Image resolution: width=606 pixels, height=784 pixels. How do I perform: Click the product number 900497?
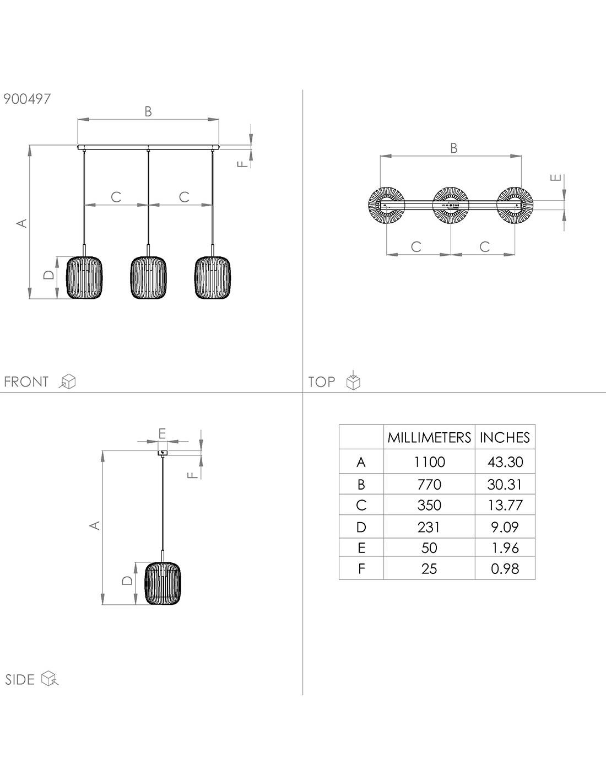point(27,99)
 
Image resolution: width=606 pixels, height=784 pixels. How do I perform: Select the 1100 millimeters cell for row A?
point(429,462)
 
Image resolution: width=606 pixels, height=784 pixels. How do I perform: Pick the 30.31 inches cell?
point(505,484)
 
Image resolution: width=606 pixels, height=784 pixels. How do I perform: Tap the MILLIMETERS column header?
point(429,437)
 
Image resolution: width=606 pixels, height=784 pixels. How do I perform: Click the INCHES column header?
point(505,437)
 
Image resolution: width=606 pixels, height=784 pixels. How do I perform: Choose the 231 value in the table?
point(429,527)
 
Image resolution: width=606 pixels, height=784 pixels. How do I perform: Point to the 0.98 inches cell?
point(505,568)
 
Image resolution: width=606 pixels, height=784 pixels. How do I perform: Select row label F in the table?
point(361,568)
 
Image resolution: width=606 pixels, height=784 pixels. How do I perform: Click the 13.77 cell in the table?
point(505,505)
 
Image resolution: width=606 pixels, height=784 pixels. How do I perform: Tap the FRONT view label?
point(26,382)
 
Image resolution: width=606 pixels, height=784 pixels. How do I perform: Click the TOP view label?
point(322,382)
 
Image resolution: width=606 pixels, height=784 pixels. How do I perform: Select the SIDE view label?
point(20,679)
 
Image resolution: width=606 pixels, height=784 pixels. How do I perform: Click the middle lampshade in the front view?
point(148,278)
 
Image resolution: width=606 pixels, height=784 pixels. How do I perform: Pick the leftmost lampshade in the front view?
point(84,278)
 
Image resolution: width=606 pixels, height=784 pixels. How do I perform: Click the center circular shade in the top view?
point(451,205)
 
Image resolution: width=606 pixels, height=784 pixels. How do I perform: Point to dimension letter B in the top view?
point(453,148)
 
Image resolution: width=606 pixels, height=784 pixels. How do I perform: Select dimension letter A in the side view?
point(95,525)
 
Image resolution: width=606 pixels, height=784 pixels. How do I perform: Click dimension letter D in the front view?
point(49,275)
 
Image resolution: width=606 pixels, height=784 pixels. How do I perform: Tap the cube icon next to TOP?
point(353,382)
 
